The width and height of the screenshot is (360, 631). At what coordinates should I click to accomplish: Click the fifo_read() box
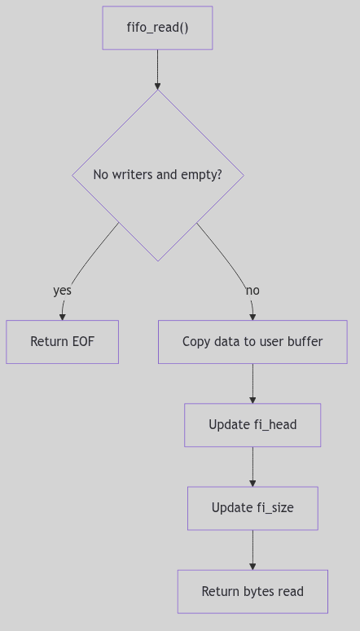[x=157, y=28]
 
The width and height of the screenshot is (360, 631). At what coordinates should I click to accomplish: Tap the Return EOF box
[x=62, y=341]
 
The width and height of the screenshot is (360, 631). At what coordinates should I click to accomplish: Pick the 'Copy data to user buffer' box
[x=252, y=341]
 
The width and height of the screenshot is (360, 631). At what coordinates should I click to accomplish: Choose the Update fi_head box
[x=252, y=424]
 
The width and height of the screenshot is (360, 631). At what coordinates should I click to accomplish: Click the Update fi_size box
[x=252, y=507]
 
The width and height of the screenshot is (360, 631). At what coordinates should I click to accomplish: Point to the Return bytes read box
[x=252, y=591]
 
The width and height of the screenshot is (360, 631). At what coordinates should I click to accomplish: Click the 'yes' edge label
[x=62, y=291]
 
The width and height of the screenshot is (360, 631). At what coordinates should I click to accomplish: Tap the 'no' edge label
[x=252, y=291]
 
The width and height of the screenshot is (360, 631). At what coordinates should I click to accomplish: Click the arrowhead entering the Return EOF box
[x=62, y=316]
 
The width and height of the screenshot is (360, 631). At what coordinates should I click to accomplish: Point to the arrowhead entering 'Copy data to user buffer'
[x=252, y=316]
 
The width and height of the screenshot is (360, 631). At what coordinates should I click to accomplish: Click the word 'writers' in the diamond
[x=133, y=174]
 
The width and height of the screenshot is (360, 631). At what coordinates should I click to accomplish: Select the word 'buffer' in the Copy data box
[x=304, y=341]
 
